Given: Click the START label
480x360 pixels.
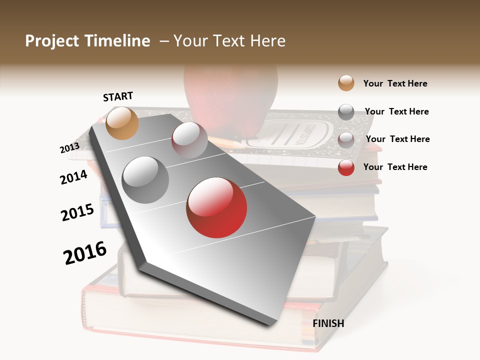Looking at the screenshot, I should point(118,96).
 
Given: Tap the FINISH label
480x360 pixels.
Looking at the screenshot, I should point(328,323).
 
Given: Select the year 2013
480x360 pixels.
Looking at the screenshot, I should point(69,148).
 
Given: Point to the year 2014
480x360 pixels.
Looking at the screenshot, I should point(73,177).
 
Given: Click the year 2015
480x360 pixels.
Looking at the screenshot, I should point(77,212).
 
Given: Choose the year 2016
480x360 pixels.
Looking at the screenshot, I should point(85,253).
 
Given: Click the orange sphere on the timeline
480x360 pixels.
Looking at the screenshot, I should point(122,123).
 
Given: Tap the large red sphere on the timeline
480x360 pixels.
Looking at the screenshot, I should point(216,207).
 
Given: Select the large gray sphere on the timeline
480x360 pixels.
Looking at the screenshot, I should point(145,179).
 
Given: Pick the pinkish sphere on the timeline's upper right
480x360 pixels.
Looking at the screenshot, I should point(189,139).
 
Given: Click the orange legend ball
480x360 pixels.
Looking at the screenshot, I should point(346,83).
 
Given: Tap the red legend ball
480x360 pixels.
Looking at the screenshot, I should point(346,167).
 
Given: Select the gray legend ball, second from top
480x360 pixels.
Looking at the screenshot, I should point(346,112).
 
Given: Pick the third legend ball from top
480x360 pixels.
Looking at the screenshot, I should point(346,139).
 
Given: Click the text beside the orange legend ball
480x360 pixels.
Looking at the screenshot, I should point(395,83).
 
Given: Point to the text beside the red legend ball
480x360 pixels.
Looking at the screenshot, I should point(395,167).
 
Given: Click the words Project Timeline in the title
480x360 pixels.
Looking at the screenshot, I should point(87,41).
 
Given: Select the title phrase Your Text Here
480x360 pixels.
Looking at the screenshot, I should point(229,41).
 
